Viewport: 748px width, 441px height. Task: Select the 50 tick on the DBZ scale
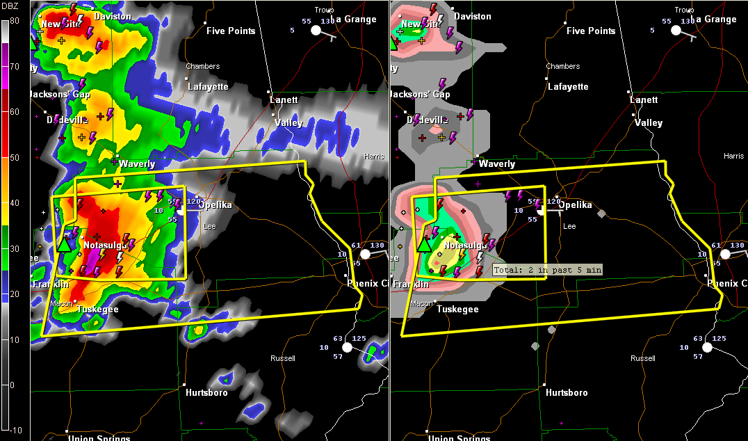tap(13, 157)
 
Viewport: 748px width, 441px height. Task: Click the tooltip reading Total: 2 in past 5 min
tap(547, 269)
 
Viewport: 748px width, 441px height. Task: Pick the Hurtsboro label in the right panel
tap(567, 392)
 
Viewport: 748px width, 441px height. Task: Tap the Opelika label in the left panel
tap(216, 205)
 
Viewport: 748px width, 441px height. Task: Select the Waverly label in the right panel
tap(497, 164)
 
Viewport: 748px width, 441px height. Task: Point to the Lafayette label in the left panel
tap(208, 87)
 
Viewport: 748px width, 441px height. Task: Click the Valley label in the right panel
tap(649, 122)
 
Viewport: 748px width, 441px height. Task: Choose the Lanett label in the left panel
tap(284, 99)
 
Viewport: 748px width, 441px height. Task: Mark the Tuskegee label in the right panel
tap(457, 310)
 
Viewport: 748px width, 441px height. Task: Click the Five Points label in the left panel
tap(231, 31)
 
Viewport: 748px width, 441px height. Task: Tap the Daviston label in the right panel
tap(472, 16)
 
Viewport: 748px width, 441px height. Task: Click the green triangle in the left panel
tap(65, 243)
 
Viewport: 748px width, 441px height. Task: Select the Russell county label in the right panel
tap(642, 359)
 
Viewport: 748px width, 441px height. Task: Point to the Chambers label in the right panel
tap(562, 67)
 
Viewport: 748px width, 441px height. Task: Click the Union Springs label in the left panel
tap(99, 438)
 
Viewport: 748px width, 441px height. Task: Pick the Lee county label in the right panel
tap(569, 227)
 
